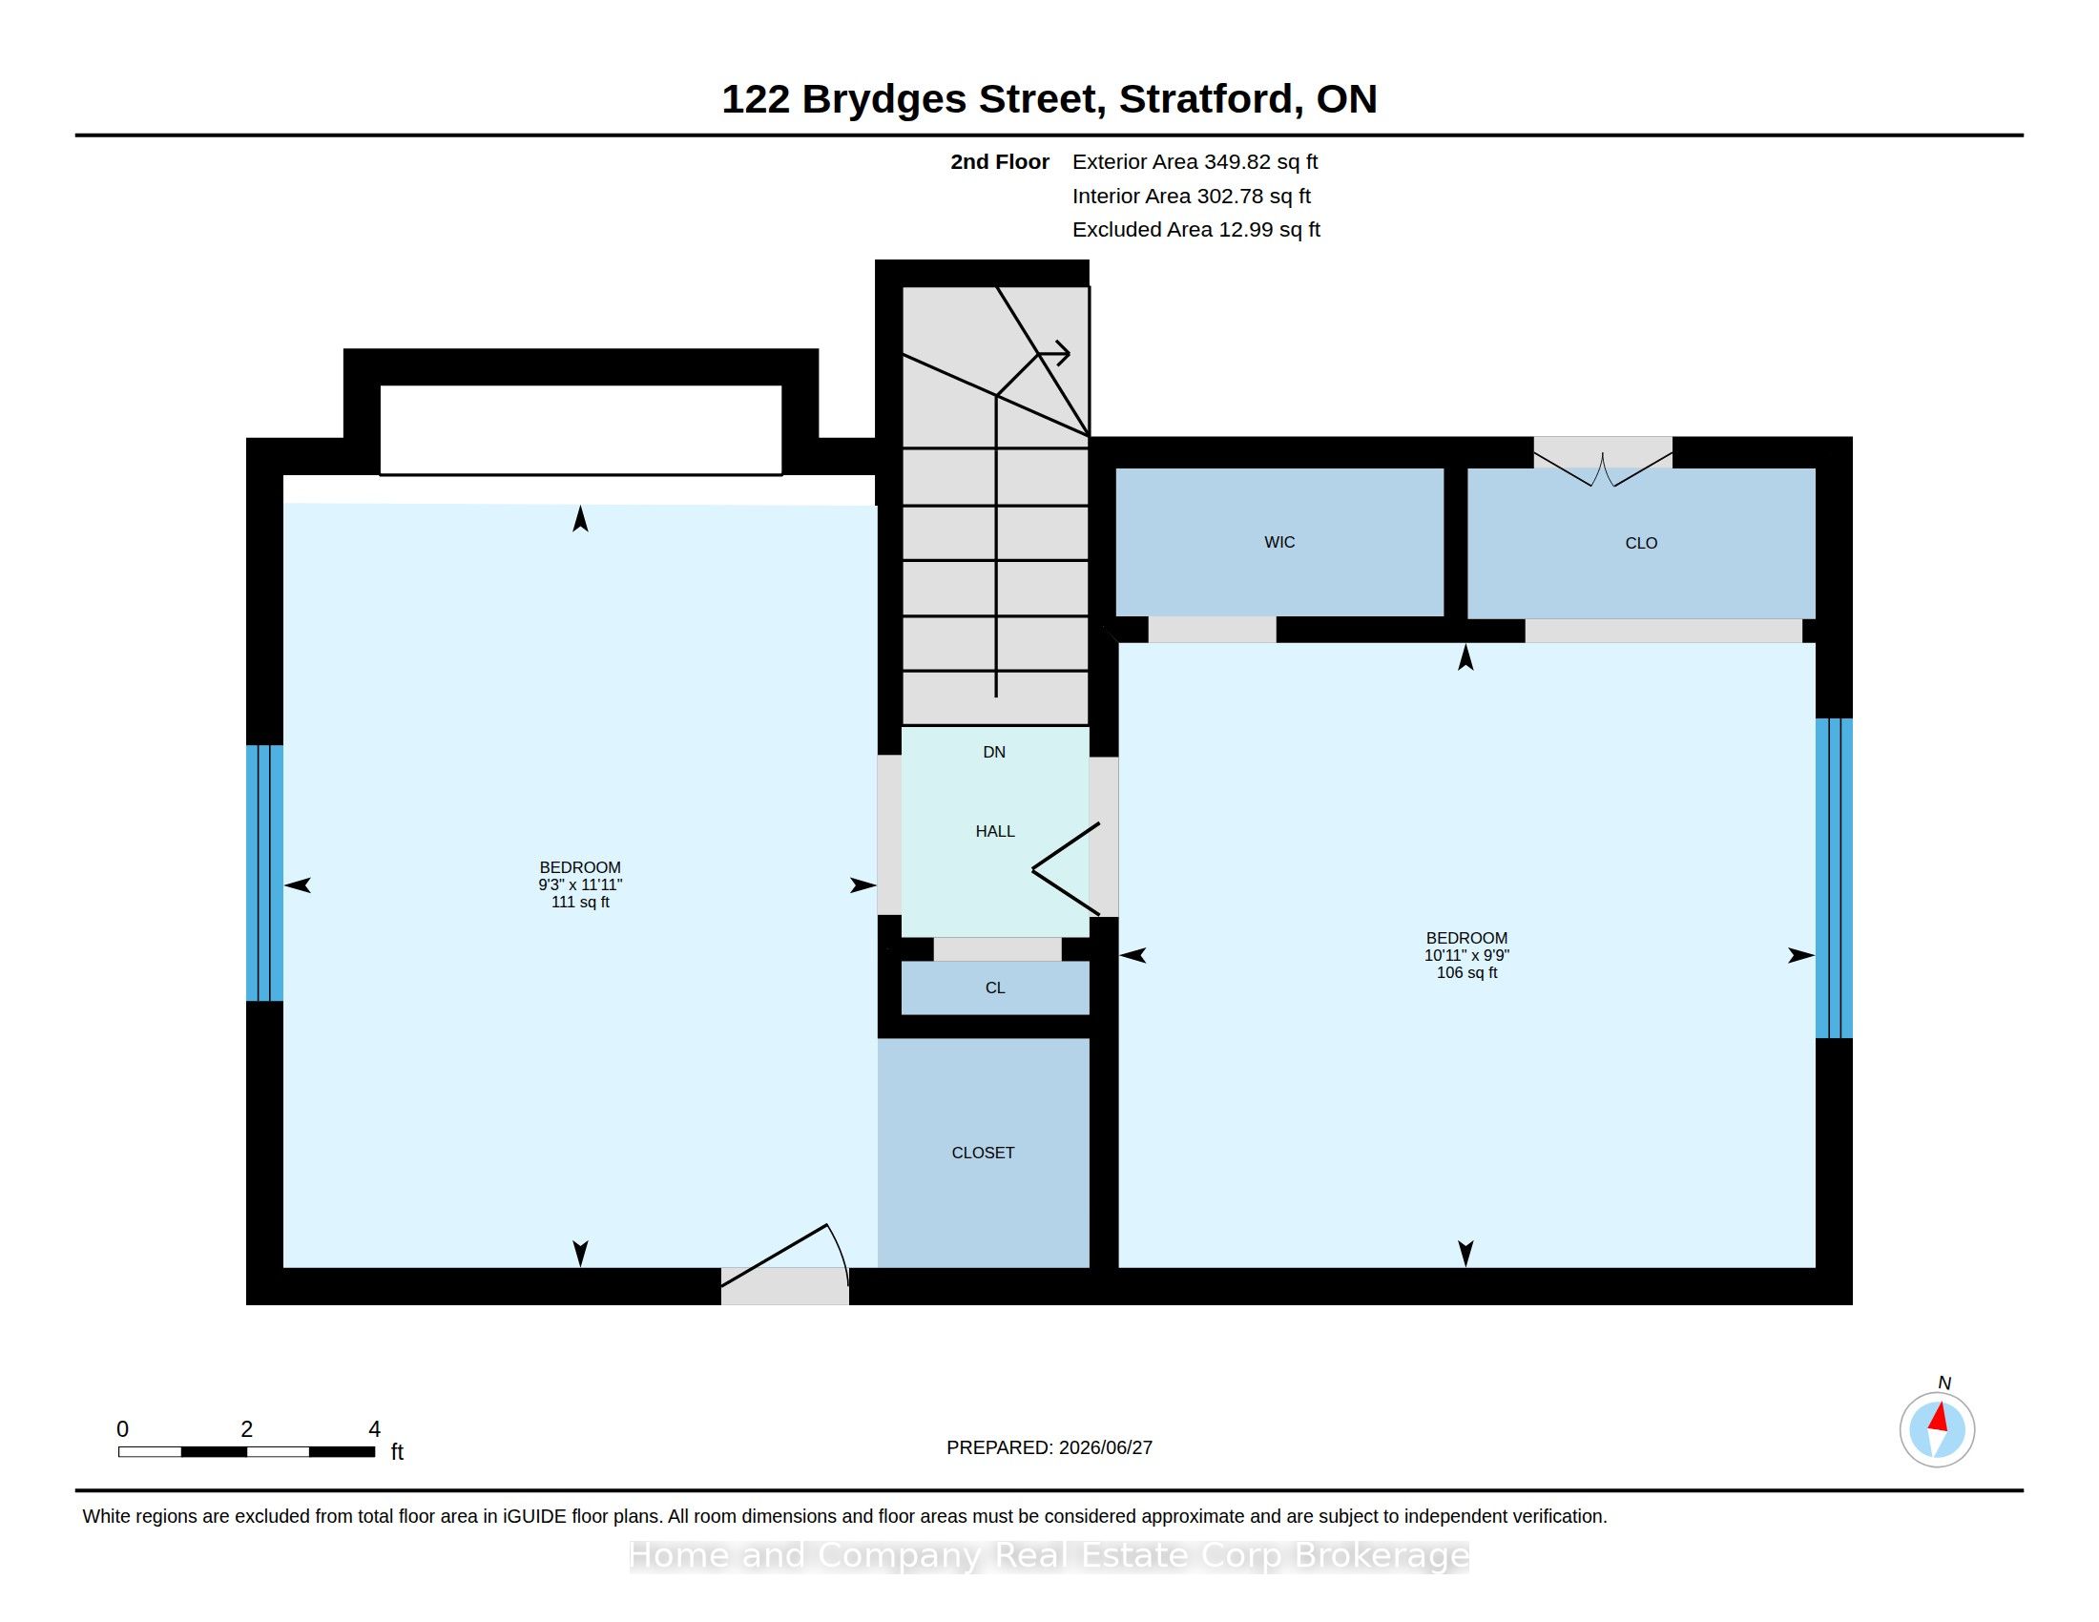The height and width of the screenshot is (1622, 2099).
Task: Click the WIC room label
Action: pos(1279,543)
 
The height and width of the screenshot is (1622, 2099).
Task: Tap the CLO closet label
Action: pos(1641,544)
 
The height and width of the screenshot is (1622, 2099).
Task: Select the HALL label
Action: pos(995,832)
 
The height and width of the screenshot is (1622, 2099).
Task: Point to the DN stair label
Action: pos(994,753)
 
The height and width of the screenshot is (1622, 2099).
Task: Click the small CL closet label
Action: pos(995,988)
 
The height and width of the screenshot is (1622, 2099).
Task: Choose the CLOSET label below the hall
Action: pos(982,1154)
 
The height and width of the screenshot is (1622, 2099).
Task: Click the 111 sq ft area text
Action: pos(579,903)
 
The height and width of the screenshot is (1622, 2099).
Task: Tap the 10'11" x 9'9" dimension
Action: pos(1466,955)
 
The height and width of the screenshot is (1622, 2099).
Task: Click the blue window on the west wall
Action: pos(264,873)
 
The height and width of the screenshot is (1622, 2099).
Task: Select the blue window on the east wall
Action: pos(1834,878)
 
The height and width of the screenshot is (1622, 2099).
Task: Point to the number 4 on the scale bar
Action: pos(375,1429)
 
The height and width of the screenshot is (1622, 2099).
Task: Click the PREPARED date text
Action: pos(1049,1448)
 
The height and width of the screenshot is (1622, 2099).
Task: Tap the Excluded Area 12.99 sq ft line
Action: pos(1195,230)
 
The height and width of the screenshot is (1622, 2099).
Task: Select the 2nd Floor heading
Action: pos(1000,162)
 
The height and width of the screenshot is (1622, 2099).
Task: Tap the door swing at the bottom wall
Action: pos(785,1255)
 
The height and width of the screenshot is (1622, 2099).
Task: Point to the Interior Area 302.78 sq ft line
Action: pos(1191,196)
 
